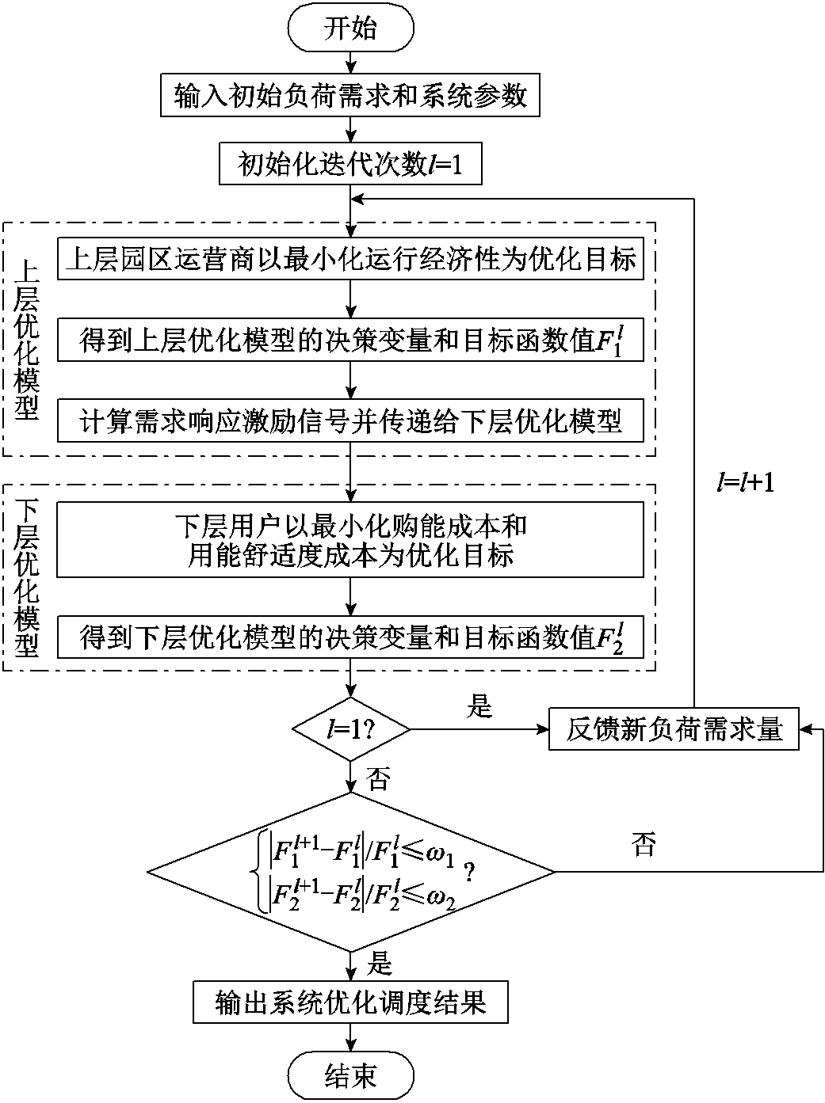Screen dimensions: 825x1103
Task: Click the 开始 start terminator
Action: pyautogui.click(x=350, y=29)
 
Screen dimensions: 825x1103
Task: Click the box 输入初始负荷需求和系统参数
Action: pyautogui.click(x=350, y=96)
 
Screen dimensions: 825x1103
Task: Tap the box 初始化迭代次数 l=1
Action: pyautogui.click(x=350, y=164)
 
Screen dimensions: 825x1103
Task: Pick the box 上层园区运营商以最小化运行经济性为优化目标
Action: pyautogui.click(x=350, y=258)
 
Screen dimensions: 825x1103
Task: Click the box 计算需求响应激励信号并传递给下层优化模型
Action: pyautogui.click(x=350, y=420)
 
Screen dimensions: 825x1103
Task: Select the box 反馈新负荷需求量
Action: pyautogui.click(x=674, y=728)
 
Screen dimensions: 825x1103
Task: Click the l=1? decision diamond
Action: pyautogui.click(x=351, y=729)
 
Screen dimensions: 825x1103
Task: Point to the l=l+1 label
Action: pyautogui.click(x=746, y=482)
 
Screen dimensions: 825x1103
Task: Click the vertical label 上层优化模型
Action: pyautogui.click(x=26, y=340)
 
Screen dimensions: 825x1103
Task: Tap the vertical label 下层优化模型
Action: pyautogui.click(x=26, y=578)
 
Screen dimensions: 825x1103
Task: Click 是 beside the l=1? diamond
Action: pyautogui.click(x=479, y=706)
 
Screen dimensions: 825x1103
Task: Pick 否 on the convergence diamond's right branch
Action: pyautogui.click(x=644, y=844)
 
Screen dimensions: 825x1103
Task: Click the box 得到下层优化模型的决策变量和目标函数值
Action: pyautogui.click(x=350, y=637)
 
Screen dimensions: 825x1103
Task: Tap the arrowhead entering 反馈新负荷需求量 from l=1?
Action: pyautogui.click(x=543, y=729)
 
